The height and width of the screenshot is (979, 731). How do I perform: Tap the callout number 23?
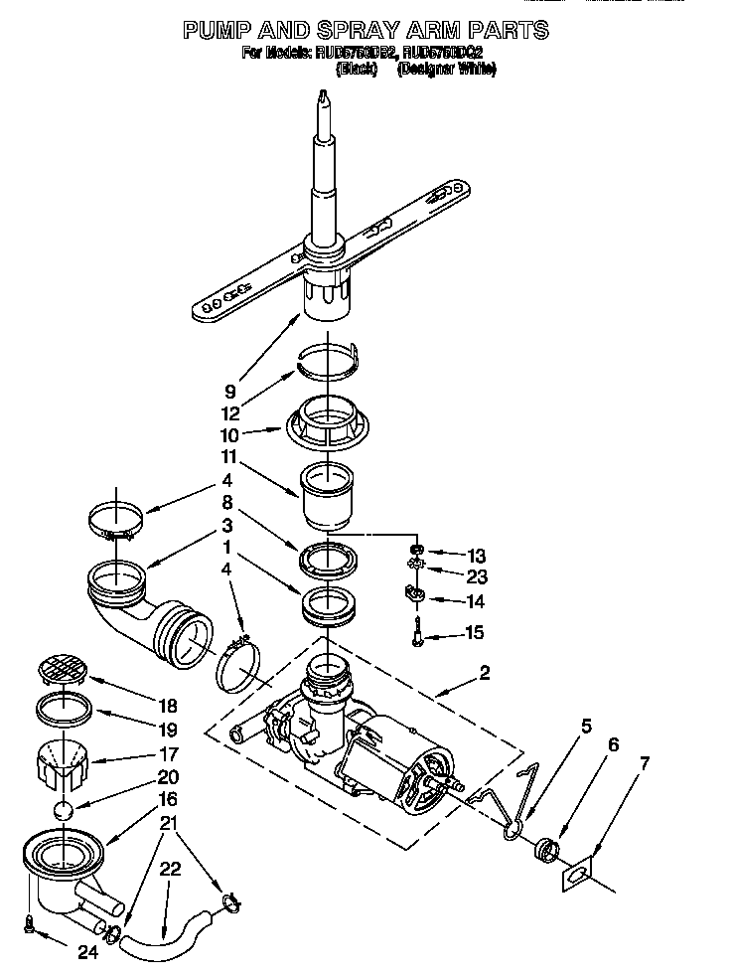coord(477,575)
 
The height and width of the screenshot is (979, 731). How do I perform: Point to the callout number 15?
coord(476,631)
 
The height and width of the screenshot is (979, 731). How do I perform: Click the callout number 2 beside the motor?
coord(484,673)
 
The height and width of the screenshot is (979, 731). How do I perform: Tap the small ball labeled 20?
coord(66,810)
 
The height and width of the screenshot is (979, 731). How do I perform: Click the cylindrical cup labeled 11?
coord(327,495)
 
